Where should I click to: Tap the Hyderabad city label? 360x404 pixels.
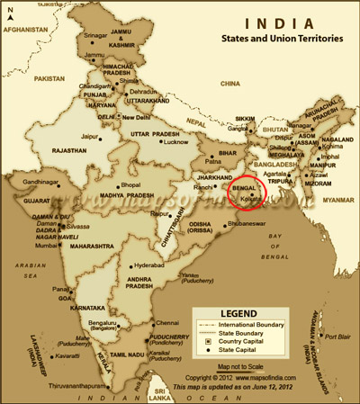(x=148, y=267)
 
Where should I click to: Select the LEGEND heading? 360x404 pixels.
(x=238, y=313)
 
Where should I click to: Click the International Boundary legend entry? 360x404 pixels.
(x=256, y=323)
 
